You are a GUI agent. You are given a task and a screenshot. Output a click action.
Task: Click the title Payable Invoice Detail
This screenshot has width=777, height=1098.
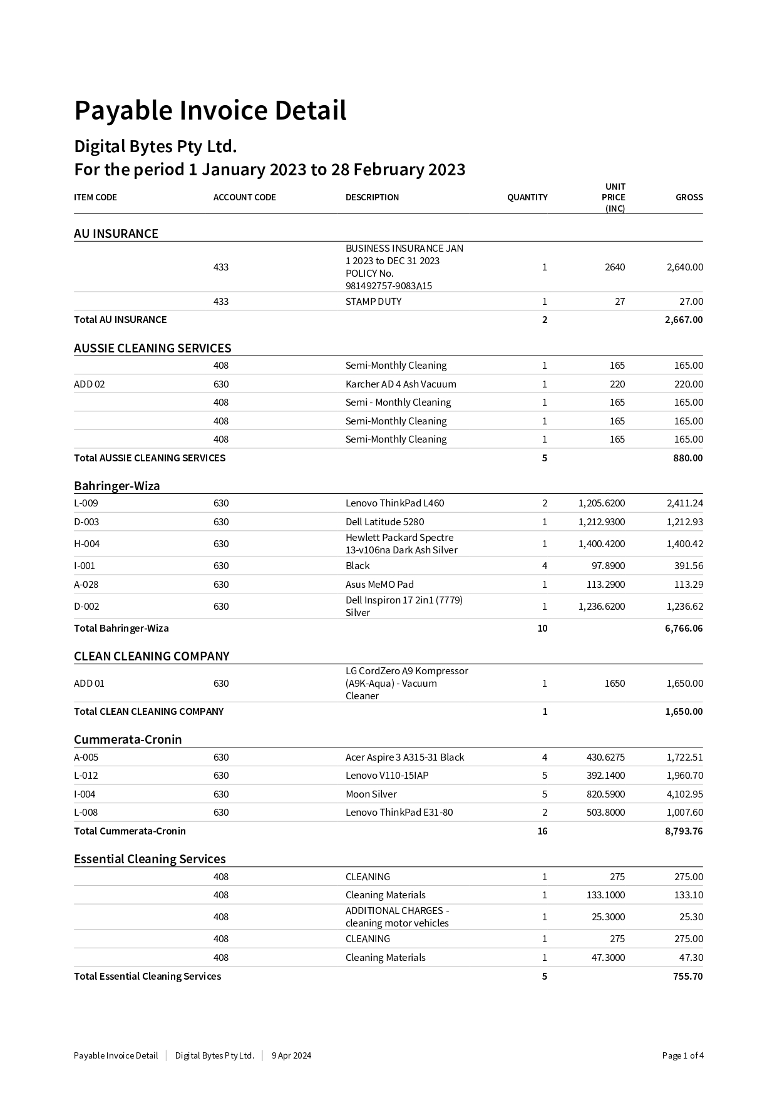tap(210, 111)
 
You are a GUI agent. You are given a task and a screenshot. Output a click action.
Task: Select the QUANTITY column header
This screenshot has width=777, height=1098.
tap(527, 197)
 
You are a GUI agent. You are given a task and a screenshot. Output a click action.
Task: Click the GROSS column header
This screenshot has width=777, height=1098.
tap(689, 197)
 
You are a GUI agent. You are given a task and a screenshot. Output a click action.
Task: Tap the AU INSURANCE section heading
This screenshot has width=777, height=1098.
tap(116, 233)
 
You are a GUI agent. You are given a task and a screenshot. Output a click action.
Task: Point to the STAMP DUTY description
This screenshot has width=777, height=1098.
tap(373, 301)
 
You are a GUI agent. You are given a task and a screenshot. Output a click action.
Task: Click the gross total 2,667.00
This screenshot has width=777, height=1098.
tap(684, 319)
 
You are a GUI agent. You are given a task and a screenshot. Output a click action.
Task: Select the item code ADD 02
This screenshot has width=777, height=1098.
tap(90, 384)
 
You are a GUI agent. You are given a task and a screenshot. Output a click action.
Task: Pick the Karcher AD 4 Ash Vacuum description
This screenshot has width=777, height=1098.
tap(401, 384)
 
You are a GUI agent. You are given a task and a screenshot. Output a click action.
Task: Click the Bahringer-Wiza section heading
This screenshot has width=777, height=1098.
tap(116, 486)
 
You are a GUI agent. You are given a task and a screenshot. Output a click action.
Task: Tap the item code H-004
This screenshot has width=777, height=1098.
tap(87, 543)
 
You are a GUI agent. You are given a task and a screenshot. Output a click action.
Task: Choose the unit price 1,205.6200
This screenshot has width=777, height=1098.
tap(601, 503)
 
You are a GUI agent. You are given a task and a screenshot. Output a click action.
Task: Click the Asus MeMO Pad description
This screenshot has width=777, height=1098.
tap(379, 584)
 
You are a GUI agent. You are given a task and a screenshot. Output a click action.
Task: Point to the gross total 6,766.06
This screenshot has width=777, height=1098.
tap(684, 628)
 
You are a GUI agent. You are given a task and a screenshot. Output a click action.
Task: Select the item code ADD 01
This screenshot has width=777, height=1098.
tap(89, 683)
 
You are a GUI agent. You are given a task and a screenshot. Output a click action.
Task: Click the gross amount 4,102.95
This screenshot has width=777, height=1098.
tap(684, 794)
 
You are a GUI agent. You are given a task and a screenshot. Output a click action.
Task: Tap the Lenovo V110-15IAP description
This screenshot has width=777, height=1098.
tap(387, 775)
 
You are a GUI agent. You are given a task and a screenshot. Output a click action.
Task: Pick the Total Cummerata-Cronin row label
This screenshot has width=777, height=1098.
tap(130, 831)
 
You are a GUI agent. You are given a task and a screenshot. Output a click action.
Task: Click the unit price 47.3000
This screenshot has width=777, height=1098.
tap(608, 957)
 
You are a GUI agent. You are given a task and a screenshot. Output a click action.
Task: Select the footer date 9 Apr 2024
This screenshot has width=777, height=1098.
tap(291, 1055)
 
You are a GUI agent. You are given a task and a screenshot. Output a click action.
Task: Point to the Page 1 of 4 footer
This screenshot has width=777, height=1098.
tap(682, 1055)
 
